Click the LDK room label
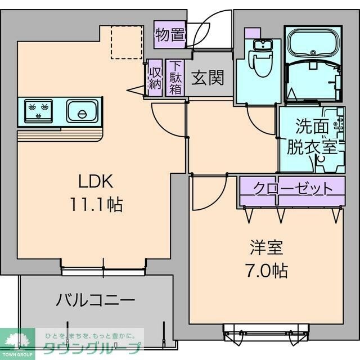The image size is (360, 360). (96, 182)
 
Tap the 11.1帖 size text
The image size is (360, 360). (96, 203)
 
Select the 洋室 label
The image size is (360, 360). (266, 248)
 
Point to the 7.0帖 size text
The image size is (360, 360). (266, 271)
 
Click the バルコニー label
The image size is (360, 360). (94, 299)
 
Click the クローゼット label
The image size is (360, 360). (291, 187)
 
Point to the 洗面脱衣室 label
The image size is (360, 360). (312, 137)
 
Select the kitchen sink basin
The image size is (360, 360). (83, 111)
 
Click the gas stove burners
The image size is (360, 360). (38, 109)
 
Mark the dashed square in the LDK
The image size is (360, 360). (126, 42)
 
